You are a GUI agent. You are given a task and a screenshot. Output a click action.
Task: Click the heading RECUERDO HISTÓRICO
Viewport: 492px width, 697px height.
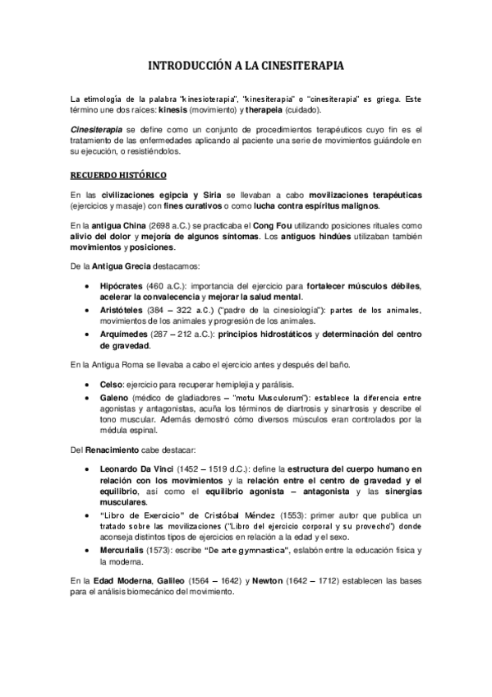point(119,175)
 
